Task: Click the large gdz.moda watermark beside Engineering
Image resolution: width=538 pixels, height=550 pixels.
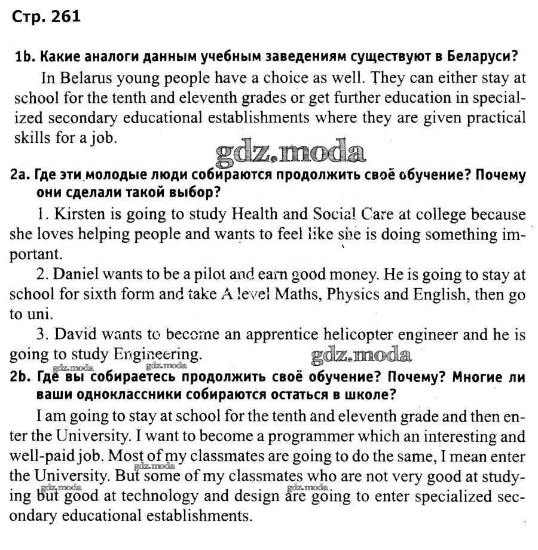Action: coord(361,355)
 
